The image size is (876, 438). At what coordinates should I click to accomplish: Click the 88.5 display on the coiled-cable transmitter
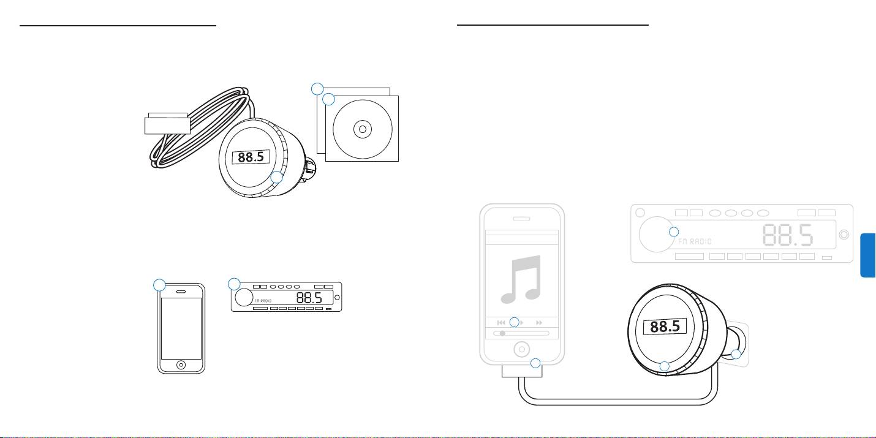tap(251, 158)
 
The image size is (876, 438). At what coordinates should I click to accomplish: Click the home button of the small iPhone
tap(181, 364)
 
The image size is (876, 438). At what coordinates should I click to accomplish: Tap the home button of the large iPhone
tap(521, 350)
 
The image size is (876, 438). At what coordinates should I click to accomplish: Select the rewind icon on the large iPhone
tap(501, 322)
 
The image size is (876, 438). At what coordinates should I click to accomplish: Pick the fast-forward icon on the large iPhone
tap(539, 322)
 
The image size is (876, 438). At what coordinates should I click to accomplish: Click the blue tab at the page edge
tap(868, 255)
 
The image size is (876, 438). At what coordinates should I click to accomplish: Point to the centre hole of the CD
tap(362, 129)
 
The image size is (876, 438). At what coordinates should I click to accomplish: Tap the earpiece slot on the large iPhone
tap(521, 218)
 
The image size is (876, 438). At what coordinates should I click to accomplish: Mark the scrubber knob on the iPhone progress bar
tap(502, 334)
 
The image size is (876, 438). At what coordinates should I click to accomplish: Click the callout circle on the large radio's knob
tap(673, 232)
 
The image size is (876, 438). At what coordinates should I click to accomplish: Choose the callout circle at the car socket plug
tap(736, 354)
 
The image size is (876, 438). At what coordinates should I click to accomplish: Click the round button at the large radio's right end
tap(844, 234)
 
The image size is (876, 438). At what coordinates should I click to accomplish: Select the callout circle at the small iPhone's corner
tap(159, 285)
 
